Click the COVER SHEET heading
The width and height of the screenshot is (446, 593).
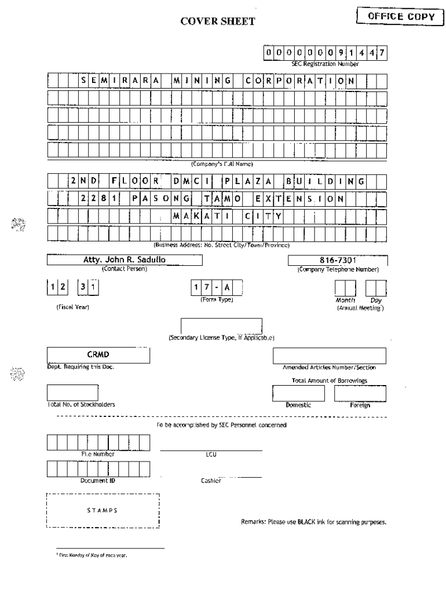(218, 22)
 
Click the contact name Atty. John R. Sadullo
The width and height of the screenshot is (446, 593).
(124, 260)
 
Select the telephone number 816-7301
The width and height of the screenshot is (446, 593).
(338, 260)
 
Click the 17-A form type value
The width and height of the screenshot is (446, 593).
(217, 288)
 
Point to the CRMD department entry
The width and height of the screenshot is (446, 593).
(98, 354)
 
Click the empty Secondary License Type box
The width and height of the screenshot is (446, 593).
(221, 326)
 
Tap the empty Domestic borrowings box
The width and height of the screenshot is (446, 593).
(299, 393)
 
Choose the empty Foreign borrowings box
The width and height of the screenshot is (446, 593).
(360, 393)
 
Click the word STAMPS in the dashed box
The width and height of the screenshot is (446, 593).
(103, 510)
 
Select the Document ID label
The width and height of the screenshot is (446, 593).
(98, 481)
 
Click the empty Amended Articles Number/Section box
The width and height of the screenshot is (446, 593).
(329, 356)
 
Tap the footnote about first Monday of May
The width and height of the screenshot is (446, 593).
(92, 555)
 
